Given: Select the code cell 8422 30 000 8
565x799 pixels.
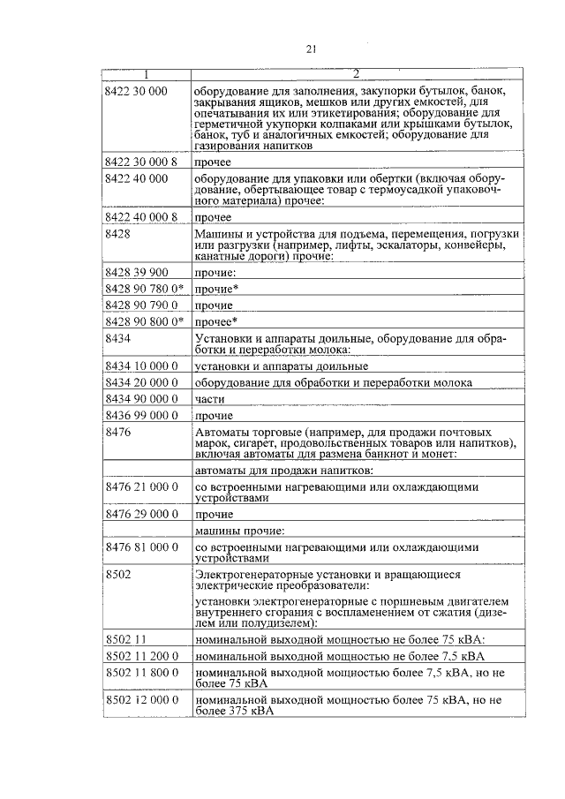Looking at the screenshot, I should click(x=141, y=162).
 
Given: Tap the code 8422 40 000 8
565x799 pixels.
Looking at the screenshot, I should click(x=141, y=217).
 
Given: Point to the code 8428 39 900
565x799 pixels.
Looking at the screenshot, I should click(x=136, y=272).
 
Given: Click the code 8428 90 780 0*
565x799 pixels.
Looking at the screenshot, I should click(x=144, y=289).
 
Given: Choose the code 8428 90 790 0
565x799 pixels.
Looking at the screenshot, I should click(x=141, y=305).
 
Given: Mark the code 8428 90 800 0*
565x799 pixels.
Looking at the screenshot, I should click(x=144, y=322).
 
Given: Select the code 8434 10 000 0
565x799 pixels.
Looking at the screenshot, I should click(x=141, y=366).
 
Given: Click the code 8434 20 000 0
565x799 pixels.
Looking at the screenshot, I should click(x=141, y=382).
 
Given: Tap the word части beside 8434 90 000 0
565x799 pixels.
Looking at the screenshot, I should click(x=209, y=399).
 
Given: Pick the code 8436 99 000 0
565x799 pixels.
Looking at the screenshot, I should click(x=141, y=415).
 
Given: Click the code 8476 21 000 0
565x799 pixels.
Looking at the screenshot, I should click(x=141, y=486).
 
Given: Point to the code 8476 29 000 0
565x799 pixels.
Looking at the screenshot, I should click(x=141, y=514).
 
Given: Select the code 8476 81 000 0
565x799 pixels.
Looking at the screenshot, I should click(x=141, y=548).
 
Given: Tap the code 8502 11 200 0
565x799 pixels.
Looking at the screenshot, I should click(x=141, y=656).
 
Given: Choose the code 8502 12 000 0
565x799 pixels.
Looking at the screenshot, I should click(x=141, y=699).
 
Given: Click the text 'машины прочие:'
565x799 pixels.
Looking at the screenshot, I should click(x=239, y=531).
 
